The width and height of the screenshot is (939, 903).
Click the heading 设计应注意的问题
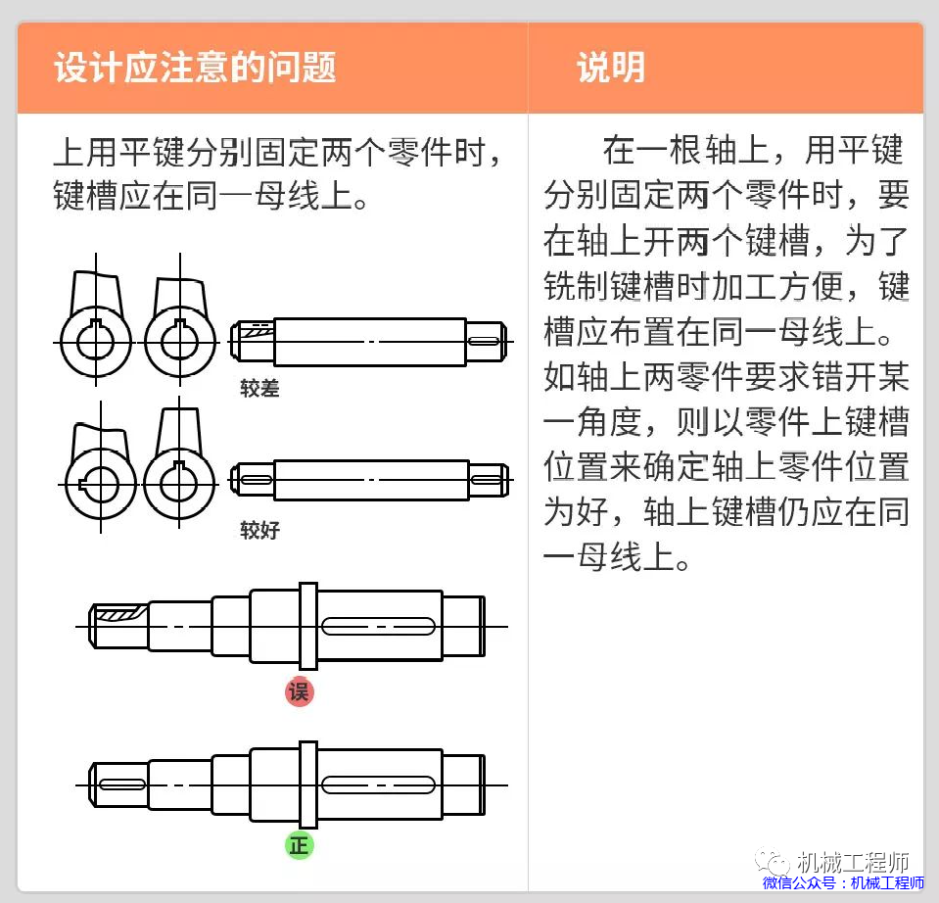[195, 68]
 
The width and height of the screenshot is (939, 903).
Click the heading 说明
[610, 68]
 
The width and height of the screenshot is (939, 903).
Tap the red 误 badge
[300, 691]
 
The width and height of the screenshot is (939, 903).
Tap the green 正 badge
[300, 844]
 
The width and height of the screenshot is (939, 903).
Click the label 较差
[259, 389]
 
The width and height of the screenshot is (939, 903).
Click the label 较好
[259, 531]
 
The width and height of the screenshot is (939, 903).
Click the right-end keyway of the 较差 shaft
[485, 341]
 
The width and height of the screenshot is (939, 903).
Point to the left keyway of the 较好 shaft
[257, 480]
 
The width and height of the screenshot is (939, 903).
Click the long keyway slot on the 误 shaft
[378, 626]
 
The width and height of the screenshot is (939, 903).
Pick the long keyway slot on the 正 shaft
[378, 784]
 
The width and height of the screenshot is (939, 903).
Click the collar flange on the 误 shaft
[307, 626]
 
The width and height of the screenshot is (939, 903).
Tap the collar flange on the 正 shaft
[307, 784]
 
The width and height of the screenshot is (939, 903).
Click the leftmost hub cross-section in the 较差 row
[95, 340]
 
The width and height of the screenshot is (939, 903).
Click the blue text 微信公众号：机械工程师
[843, 883]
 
